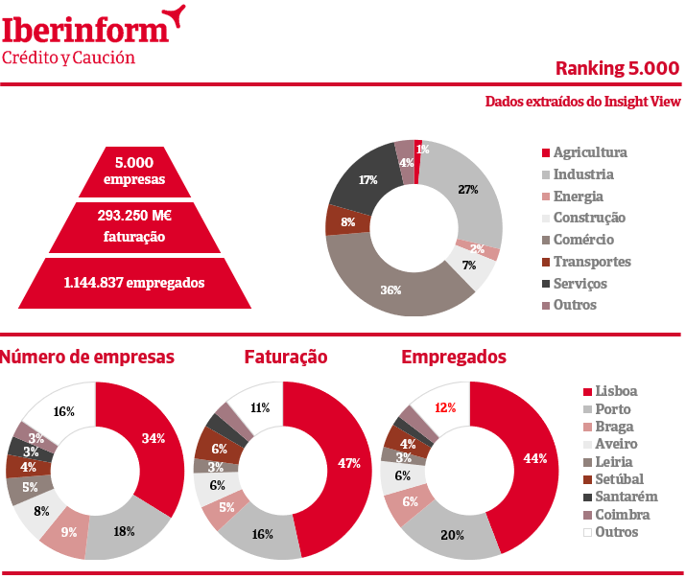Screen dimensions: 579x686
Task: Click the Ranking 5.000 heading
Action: coord(617,68)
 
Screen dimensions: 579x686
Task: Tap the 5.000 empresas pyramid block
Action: coord(134,171)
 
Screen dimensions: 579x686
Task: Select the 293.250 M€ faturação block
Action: coord(134,226)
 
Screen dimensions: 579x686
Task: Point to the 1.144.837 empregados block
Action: coord(134,283)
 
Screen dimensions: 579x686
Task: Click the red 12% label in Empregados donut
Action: coord(445,407)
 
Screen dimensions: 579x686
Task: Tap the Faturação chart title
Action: coord(285,358)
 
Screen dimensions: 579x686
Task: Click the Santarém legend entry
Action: coord(619,496)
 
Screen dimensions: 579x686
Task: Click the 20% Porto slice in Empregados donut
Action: coord(452,533)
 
